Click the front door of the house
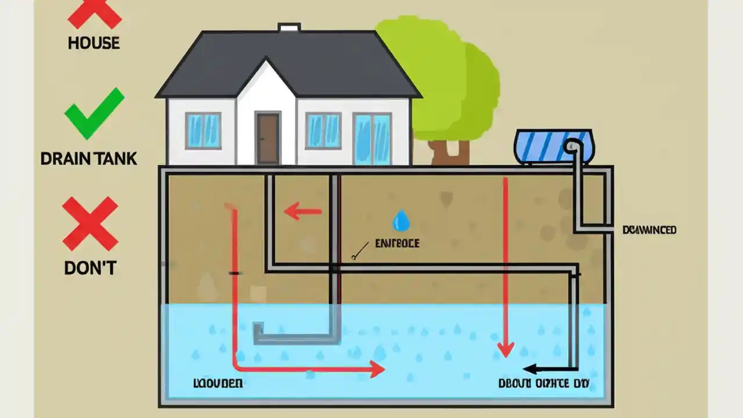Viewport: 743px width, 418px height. (268, 138)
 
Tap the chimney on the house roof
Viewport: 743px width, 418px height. (288, 27)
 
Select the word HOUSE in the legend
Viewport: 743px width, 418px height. (93, 43)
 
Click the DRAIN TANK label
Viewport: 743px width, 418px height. (89, 158)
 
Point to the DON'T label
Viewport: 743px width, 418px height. (90, 268)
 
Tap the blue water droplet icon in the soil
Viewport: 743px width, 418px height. (401, 221)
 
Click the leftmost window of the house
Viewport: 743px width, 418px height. (203, 130)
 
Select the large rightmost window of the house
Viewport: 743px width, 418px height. (372, 138)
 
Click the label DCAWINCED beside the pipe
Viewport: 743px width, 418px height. (649, 230)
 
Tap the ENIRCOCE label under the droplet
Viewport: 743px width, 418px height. (397, 243)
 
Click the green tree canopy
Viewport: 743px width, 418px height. (441, 75)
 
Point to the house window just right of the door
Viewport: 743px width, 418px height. (323, 130)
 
